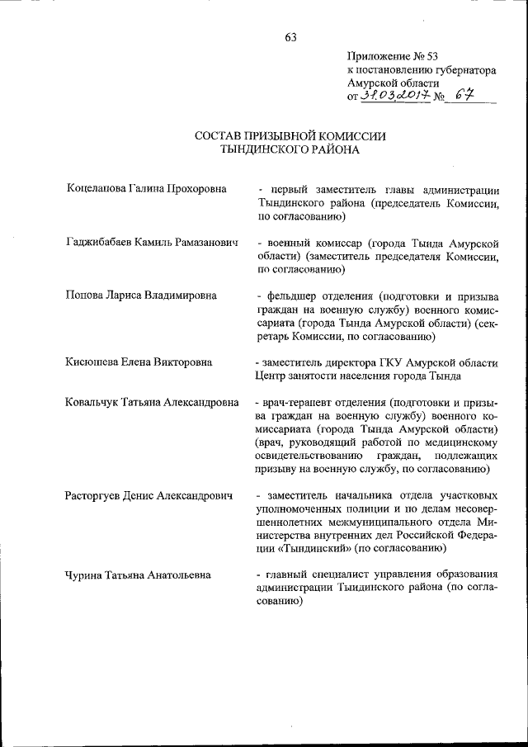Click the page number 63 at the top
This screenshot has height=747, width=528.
(x=290, y=37)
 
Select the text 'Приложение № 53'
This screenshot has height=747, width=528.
(x=391, y=57)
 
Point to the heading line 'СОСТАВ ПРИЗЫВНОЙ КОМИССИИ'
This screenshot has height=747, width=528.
(x=290, y=136)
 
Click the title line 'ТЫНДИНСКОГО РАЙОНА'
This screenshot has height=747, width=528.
(x=290, y=150)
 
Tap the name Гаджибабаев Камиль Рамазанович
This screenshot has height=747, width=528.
(x=151, y=243)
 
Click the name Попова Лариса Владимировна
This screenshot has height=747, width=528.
(x=141, y=295)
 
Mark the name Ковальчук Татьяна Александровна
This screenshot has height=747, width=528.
(x=153, y=402)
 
